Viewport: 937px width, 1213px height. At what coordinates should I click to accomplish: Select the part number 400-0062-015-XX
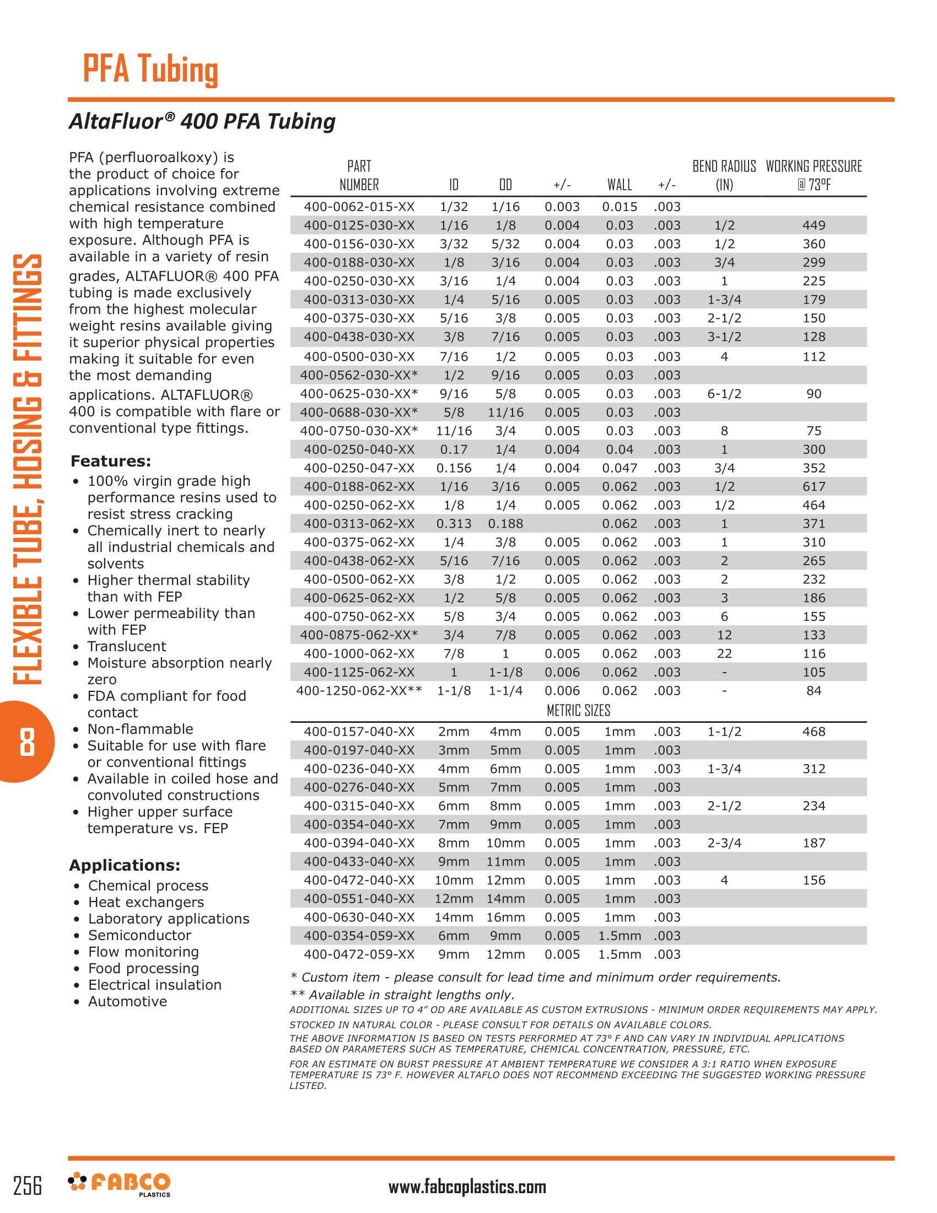[x=359, y=207]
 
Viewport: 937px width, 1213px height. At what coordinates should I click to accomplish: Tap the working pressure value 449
[x=813, y=225]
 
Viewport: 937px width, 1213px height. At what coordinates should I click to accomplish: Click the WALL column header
[x=619, y=184]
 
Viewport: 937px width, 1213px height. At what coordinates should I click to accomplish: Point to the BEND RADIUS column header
[x=724, y=175]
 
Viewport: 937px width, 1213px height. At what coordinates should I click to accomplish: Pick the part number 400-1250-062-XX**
[x=359, y=690]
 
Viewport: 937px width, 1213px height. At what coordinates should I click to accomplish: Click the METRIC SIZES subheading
[x=578, y=710]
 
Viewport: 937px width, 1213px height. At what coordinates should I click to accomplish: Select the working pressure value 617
[x=813, y=486]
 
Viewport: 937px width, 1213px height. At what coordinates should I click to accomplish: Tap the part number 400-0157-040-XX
[x=359, y=732]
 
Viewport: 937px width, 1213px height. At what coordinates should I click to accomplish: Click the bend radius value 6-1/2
[x=724, y=394]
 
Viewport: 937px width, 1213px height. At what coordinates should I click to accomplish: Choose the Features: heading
[x=110, y=461]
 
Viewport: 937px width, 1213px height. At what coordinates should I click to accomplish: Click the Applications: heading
[x=125, y=865]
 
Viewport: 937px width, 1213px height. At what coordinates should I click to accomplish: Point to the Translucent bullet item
[x=127, y=646]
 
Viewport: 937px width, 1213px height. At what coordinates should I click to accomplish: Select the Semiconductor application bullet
[x=139, y=935]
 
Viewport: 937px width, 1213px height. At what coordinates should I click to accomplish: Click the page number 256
[x=27, y=1186]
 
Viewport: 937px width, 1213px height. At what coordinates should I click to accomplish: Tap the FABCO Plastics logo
[x=120, y=1184]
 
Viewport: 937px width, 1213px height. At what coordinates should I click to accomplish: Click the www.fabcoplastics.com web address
[x=467, y=1187]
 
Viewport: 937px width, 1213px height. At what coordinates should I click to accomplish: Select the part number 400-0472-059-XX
[x=359, y=954]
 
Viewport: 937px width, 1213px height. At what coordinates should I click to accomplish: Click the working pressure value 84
[x=813, y=690]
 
